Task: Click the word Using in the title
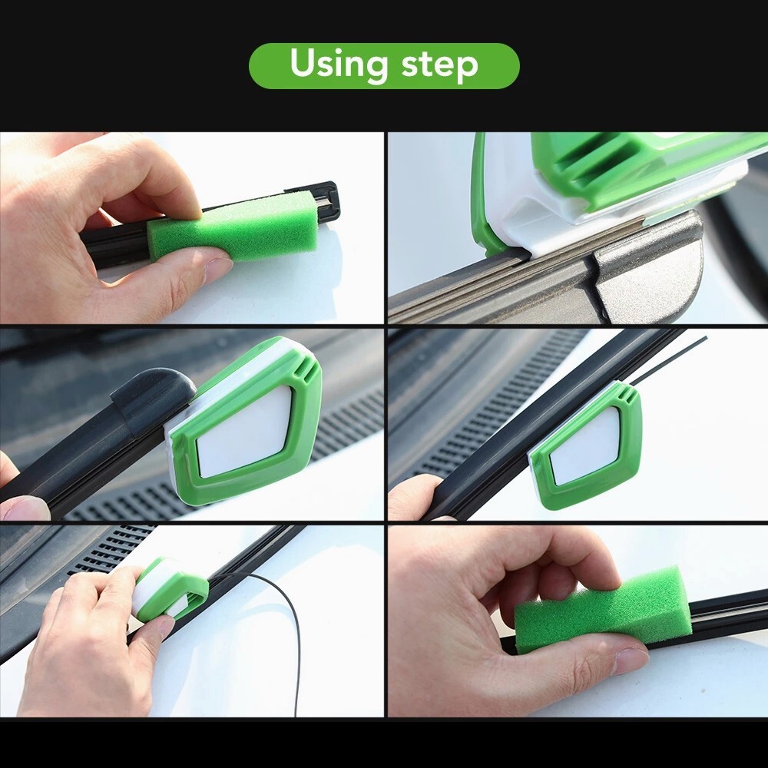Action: [338, 63]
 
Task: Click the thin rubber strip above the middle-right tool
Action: [668, 360]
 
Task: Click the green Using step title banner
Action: [384, 65]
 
